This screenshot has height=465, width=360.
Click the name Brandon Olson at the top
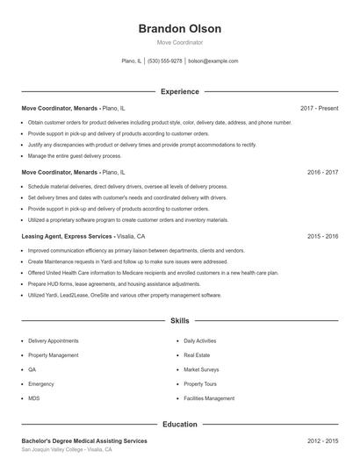point(179,29)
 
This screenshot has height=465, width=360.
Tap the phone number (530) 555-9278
point(164,61)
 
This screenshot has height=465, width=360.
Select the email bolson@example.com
point(213,61)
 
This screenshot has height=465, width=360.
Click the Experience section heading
point(179,91)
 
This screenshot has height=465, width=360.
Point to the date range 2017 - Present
point(319,108)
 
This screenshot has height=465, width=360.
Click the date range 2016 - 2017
point(322,173)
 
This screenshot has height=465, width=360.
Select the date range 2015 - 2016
point(322,237)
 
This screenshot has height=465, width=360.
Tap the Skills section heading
point(179,322)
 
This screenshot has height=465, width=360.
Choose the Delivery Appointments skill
point(53,340)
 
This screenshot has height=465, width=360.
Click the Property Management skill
point(53,355)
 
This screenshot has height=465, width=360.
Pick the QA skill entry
point(32,369)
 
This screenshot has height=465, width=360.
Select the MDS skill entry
point(34,398)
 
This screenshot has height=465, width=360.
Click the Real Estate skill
point(197,355)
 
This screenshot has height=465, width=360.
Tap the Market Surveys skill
point(201,369)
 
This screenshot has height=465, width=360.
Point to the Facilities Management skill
point(209,398)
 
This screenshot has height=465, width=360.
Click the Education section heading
point(179,425)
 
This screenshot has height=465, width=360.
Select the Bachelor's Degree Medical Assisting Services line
point(84,440)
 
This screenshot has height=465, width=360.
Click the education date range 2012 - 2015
point(322,440)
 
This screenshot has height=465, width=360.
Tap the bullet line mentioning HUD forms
point(114,284)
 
